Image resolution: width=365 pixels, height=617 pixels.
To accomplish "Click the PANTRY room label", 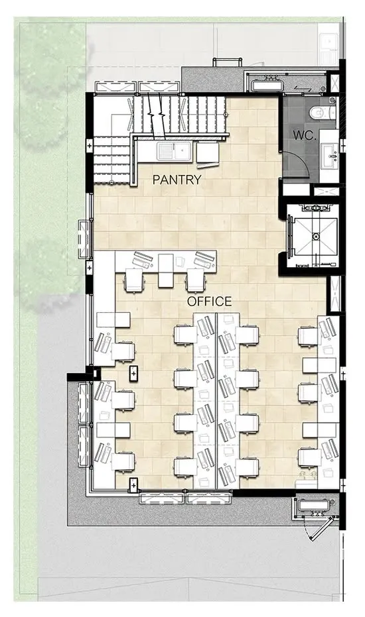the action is click(177, 180).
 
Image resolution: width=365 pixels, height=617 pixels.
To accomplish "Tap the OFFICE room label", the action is click(209, 302).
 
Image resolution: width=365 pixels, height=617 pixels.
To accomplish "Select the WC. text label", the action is click(305, 136).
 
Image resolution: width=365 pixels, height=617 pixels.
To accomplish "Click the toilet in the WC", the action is click(322, 113).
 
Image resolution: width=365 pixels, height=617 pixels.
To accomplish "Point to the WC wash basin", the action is click(330, 156).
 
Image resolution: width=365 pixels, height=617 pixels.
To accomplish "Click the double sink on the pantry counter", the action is click(174, 150).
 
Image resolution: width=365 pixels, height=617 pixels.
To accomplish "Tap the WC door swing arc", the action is click(299, 160).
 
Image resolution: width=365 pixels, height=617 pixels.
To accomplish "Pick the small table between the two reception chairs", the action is click(166, 270).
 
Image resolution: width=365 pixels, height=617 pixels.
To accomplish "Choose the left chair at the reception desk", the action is click(133, 280).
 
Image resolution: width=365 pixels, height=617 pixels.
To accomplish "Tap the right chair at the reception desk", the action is click(196, 280).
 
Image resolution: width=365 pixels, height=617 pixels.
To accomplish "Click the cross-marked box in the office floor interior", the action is click(133, 372).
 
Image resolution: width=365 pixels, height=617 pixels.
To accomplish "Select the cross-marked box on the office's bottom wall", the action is click(133, 485).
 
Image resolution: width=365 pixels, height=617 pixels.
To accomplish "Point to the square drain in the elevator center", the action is click(315, 237).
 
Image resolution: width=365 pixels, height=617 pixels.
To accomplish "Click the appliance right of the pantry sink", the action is click(208, 153).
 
